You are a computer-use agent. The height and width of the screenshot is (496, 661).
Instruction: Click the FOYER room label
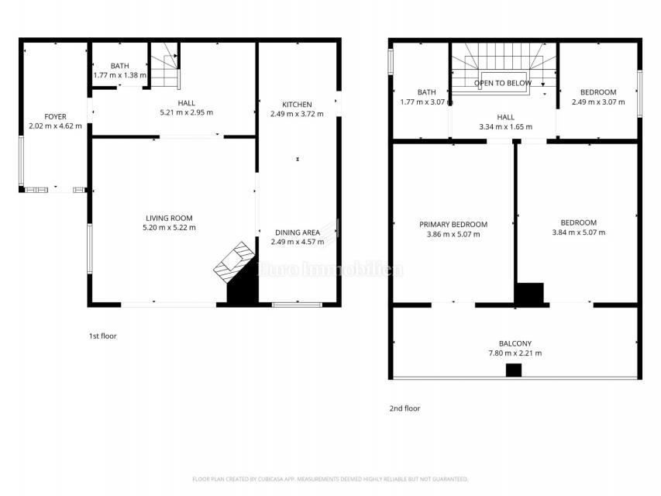click(55, 117)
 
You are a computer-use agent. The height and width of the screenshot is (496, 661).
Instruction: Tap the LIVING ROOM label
click(169, 218)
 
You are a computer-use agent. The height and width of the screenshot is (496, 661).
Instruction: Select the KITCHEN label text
click(297, 105)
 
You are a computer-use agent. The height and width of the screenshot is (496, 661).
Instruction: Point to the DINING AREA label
click(297, 232)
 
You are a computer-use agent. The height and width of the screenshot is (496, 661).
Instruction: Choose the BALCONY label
click(515, 343)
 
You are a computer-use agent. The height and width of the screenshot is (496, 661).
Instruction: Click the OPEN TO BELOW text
click(503, 83)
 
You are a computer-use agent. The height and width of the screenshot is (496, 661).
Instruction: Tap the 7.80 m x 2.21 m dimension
click(515, 353)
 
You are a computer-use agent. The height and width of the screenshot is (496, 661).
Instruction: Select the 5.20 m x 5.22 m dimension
click(169, 228)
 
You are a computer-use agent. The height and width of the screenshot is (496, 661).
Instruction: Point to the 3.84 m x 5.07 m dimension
click(578, 232)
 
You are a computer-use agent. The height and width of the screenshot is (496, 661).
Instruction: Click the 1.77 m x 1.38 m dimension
click(119, 75)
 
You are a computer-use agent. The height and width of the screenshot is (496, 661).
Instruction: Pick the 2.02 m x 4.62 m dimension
click(55, 126)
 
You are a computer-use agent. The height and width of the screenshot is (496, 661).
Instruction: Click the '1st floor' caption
click(102, 336)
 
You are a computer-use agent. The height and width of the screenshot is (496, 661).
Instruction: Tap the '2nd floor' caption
click(405, 408)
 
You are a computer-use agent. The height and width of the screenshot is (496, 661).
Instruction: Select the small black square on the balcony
click(514, 370)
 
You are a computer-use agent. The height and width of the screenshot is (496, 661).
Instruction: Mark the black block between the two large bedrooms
click(530, 294)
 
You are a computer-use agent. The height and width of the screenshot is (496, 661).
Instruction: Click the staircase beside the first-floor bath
click(165, 67)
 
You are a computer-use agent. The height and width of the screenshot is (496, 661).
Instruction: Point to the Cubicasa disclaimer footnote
click(330, 479)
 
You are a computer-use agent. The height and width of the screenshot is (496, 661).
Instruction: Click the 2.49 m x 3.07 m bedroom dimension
click(594, 102)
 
